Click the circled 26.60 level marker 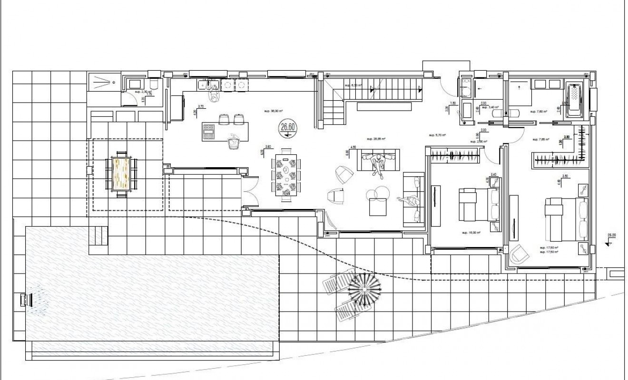coord(287,127)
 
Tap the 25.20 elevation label coord(611,235)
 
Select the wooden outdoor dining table coord(121,173)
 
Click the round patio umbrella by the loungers coord(365,289)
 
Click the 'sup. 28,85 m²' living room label coord(375,139)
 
